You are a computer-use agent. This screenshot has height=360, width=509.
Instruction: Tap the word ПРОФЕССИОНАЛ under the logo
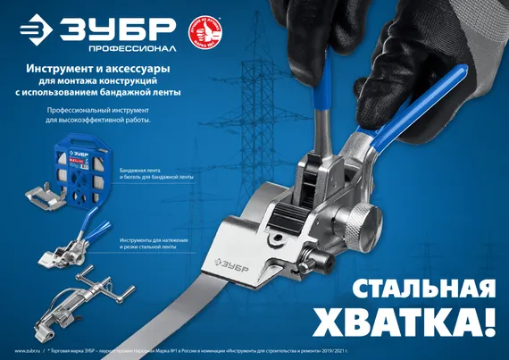[x=112, y=46]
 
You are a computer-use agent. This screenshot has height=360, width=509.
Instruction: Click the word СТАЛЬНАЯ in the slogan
[x=422, y=289]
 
